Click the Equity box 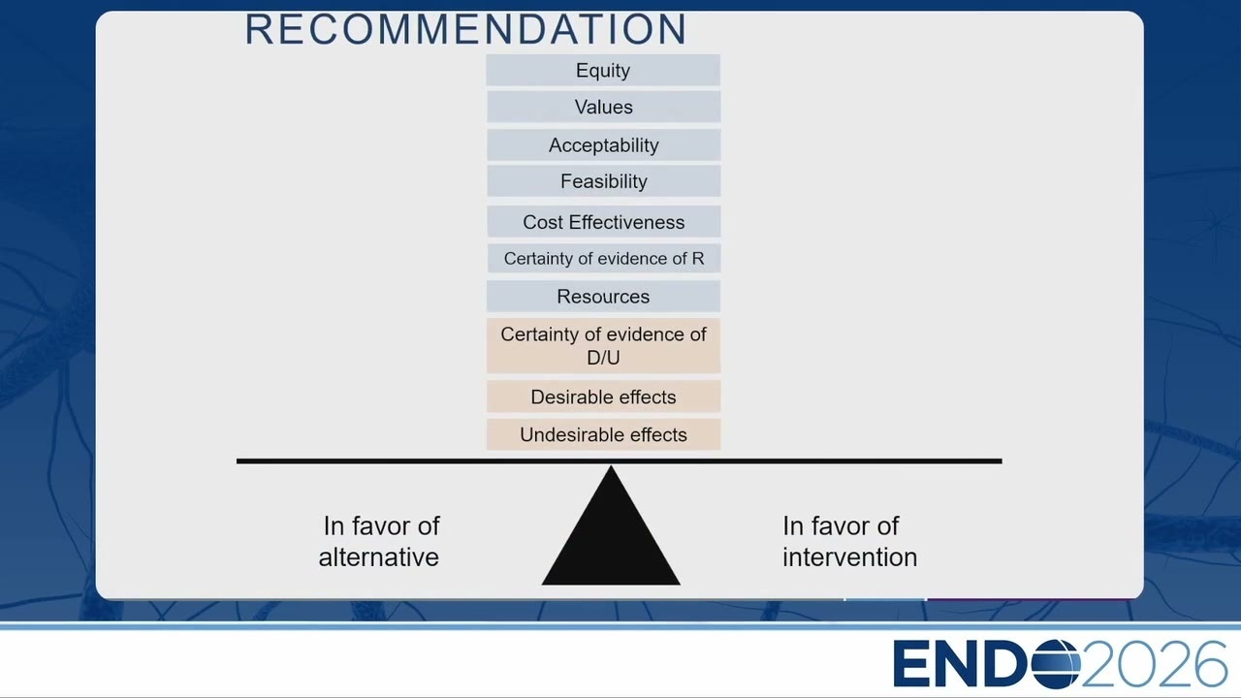(603, 71)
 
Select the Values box (603, 107)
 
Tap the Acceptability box (603, 145)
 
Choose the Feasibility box (603, 181)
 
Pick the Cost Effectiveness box (603, 222)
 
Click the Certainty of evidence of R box (603, 258)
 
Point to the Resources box (603, 297)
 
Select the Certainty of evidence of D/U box (603, 346)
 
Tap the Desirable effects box (603, 397)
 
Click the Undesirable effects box (603, 434)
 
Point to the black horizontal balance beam (619, 460)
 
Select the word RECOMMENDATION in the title (466, 29)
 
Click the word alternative (378, 556)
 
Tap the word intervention (849, 556)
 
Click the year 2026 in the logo (1154, 664)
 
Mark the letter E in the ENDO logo (910, 664)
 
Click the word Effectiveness (626, 222)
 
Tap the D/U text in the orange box (603, 358)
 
